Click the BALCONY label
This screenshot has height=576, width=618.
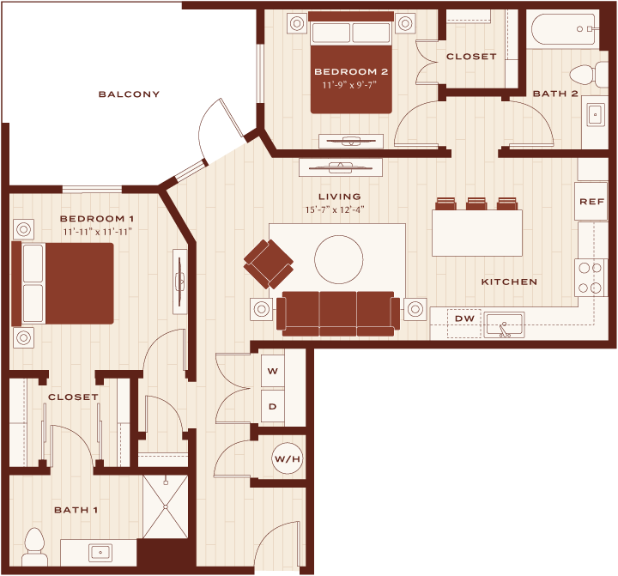[129, 94]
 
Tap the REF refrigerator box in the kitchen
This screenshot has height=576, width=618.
[591, 201]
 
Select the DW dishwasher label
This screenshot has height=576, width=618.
[464, 318]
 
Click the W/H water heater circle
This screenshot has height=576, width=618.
[288, 458]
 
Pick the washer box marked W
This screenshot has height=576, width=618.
[273, 371]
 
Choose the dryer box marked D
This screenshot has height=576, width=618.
[273, 406]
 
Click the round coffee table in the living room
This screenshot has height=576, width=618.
[338, 259]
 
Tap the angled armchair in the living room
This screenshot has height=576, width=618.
[269, 264]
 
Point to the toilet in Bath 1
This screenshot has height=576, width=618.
[34, 547]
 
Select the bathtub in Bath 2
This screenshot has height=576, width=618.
[563, 29]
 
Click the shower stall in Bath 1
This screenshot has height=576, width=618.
[166, 506]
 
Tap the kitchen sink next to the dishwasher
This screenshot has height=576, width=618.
[504, 325]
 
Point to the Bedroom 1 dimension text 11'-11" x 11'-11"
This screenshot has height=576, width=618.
[97, 232]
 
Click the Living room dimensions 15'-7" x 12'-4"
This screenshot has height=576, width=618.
[334, 209]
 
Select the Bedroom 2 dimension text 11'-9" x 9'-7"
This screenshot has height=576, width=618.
[349, 85]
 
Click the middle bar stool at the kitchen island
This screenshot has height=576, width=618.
[476, 203]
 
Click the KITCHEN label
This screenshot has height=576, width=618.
[509, 282]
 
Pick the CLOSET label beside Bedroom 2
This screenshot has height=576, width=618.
[471, 57]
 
